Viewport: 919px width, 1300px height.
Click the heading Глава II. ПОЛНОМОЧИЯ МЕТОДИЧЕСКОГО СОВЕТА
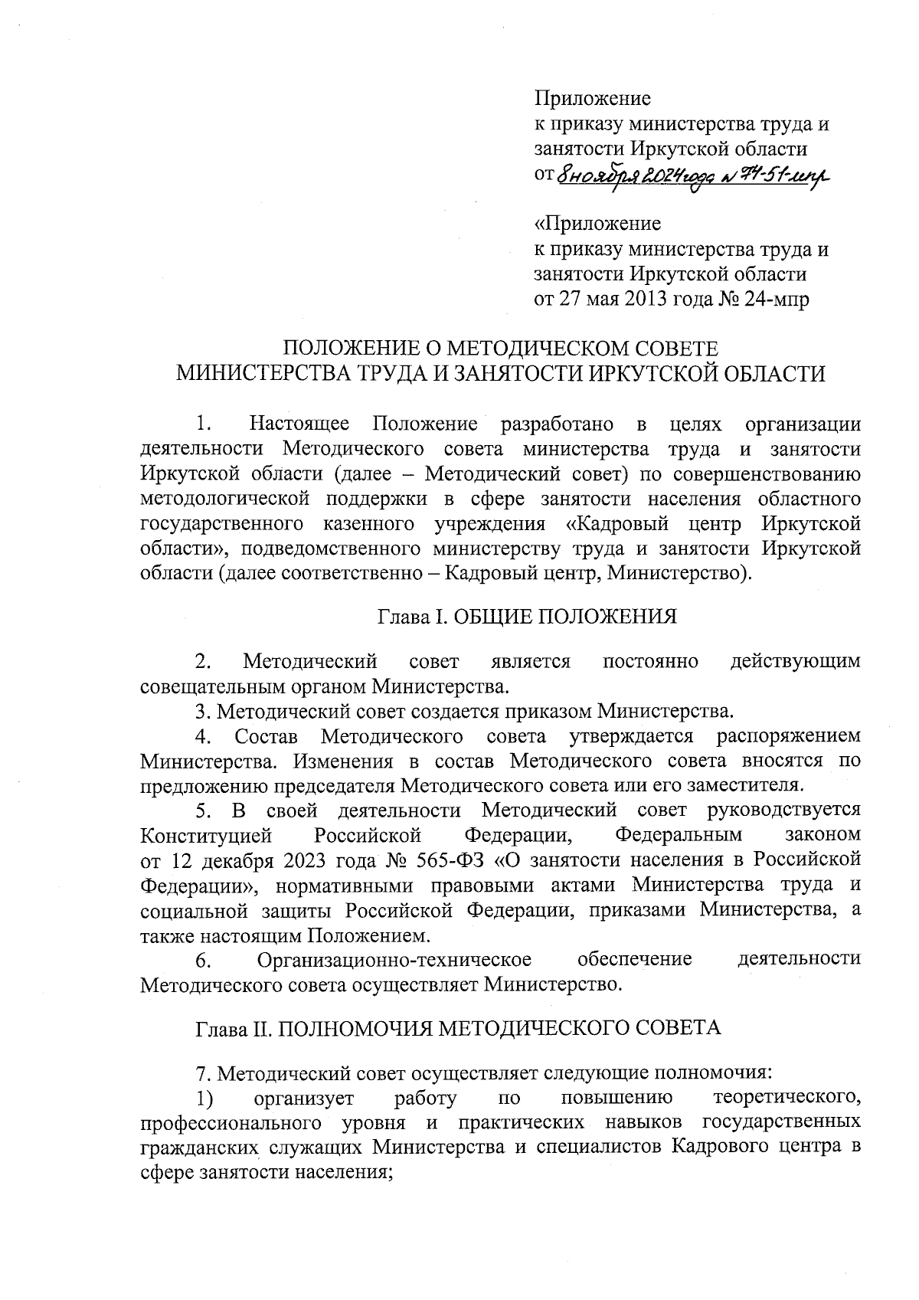(459, 1028)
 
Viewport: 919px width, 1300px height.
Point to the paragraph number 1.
(202, 424)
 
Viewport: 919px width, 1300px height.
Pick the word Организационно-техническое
(394, 959)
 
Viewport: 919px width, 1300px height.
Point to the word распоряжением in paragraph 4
(788, 736)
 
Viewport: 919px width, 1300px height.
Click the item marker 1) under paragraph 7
(204, 1099)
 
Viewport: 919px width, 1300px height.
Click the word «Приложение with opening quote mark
(597, 224)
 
